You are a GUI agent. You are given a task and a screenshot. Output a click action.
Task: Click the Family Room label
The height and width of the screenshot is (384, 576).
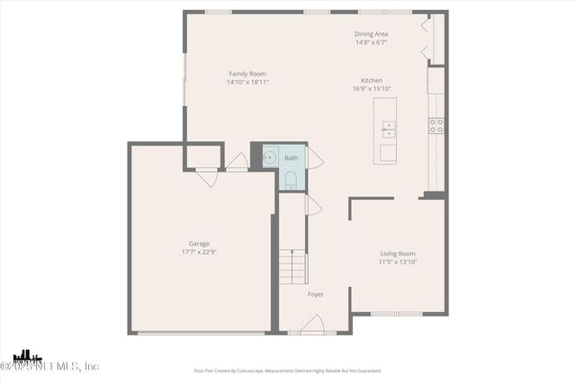click(247, 74)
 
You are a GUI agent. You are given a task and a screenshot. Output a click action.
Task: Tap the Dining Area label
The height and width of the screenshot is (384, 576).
click(371, 34)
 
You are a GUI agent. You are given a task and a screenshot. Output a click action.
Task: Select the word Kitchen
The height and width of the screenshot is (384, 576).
click(372, 80)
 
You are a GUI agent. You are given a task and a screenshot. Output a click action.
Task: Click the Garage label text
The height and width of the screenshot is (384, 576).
click(199, 244)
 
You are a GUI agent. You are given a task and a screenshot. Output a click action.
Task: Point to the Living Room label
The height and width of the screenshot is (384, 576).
click(397, 254)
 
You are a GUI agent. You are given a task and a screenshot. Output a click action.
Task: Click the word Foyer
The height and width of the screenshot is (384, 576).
click(315, 294)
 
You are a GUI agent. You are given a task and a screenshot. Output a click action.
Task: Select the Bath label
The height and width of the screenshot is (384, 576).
click(291, 158)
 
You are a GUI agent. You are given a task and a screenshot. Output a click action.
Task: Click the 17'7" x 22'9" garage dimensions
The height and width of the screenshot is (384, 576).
click(199, 252)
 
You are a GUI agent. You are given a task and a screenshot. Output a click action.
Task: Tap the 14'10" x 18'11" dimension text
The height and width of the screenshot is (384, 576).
click(247, 82)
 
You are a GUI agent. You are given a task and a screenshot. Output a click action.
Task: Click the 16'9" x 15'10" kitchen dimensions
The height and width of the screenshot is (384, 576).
click(372, 88)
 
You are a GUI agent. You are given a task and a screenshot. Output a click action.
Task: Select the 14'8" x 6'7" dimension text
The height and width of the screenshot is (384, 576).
click(371, 42)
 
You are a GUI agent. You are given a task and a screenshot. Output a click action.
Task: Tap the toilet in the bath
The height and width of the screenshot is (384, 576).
click(290, 181)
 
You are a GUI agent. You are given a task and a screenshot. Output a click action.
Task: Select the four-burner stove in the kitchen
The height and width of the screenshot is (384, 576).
click(436, 126)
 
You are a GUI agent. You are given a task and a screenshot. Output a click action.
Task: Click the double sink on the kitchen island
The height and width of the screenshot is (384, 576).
click(388, 129)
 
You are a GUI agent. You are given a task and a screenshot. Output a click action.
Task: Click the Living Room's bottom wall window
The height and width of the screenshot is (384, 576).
click(396, 314)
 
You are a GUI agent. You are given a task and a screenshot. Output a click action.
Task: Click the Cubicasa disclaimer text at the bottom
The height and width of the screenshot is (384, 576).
click(288, 371)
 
